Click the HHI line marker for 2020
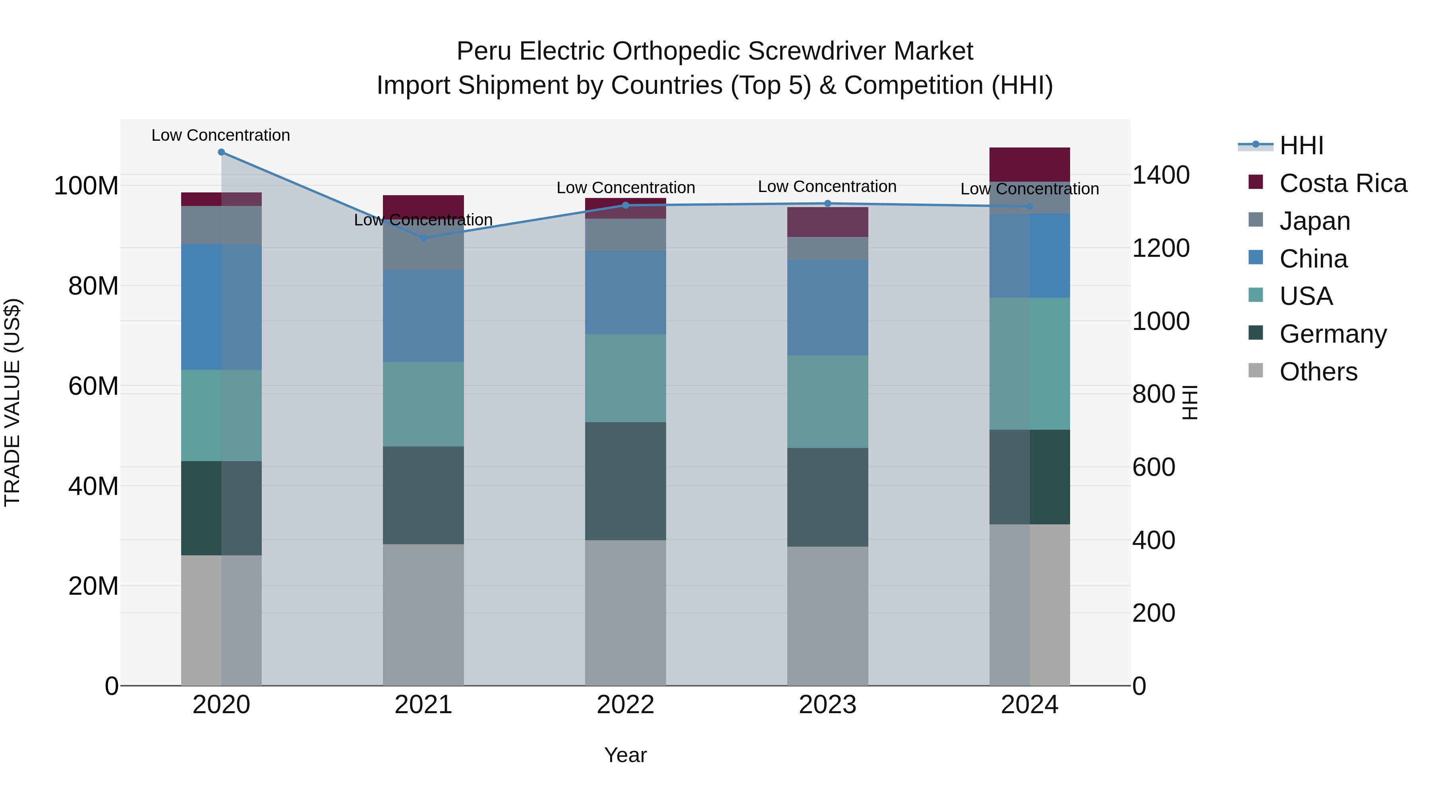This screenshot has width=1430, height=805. point(222,152)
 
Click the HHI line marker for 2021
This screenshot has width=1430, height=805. point(423,238)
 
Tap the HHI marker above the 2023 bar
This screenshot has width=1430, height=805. point(828,203)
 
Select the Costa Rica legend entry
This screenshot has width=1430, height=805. point(1342,183)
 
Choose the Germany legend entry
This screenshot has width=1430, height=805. point(1332,334)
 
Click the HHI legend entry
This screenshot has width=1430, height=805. point(1301,145)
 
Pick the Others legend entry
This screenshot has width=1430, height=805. point(1318,372)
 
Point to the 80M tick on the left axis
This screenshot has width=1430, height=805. point(93,286)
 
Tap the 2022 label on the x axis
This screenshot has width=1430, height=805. point(626,705)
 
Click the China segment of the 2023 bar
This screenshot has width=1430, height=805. point(828,307)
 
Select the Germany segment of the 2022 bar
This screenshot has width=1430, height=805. point(626,481)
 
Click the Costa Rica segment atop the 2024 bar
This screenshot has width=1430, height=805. point(1030,165)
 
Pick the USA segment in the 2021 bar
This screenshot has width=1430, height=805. point(423,404)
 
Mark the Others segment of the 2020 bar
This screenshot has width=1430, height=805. point(222,620)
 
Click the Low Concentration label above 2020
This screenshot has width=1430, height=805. point(221,136)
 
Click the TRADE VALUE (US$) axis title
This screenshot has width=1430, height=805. point(12,402)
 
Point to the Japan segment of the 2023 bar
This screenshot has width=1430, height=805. point(828,248)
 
